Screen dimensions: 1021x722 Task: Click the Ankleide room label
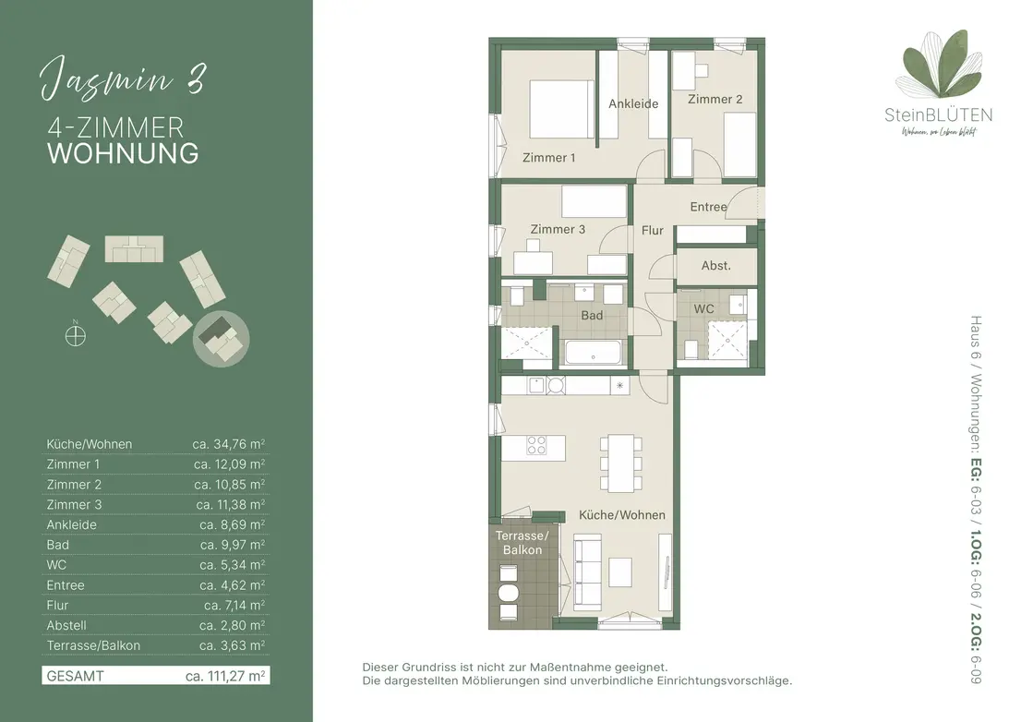click(x=633, y=103)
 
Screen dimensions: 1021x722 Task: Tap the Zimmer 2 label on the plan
click(x=715, y=99)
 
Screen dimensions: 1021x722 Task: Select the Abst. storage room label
click(x=715, y=266)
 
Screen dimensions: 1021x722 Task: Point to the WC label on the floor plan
click(x=703, y=308)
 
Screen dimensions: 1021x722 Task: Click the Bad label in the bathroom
click(x=591, y=315)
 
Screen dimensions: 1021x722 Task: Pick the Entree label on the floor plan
click(x=708, y=207)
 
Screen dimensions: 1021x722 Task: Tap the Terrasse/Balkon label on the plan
click(x=523, y=542)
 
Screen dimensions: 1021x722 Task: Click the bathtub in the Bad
click(x=594, y=352)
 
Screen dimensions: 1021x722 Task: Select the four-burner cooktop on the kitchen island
click(x=536, y=445)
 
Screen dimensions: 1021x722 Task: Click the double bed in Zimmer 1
click(x=562, y=109)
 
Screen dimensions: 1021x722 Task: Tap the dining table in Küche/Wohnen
click(x=620, y=463)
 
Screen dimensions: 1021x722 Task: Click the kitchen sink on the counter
click(x=535, y=385)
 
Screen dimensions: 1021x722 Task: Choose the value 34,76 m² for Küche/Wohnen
click(x=229, y=444)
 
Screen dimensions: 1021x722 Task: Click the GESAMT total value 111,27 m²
click(x=225, y=676)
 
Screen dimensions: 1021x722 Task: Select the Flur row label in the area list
click(x=57, y=606)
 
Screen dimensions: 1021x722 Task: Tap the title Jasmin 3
click(x=123, y=80)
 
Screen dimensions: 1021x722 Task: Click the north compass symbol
click(x=76, y=334)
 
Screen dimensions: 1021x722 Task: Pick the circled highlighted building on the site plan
click(x=222, y=339)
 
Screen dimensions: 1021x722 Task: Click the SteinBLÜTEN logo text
click(x=938, y=115)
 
